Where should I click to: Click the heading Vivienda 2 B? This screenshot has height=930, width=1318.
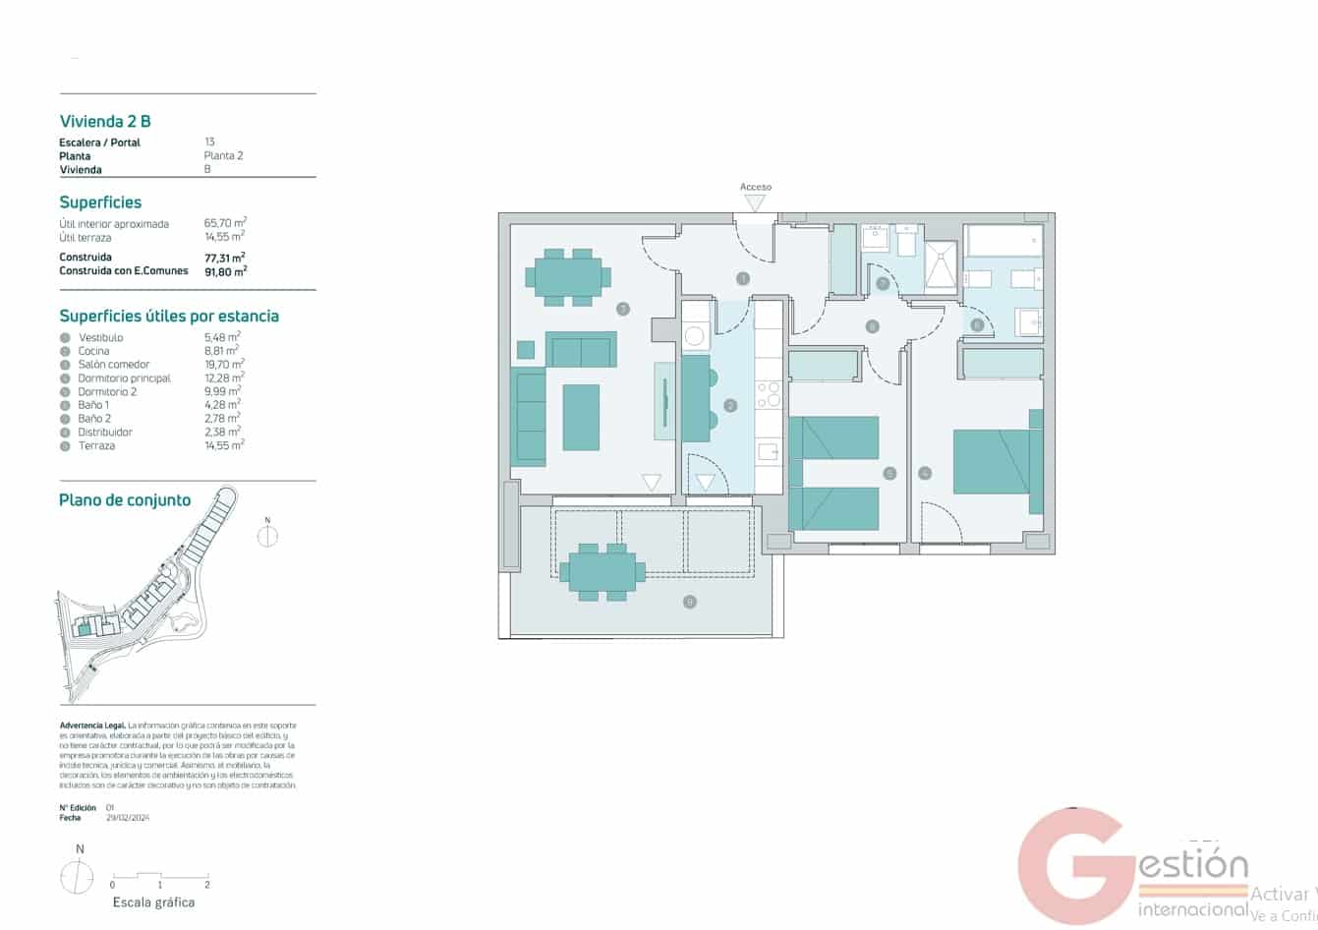(105, 121)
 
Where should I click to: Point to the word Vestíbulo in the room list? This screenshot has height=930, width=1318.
(100, 337)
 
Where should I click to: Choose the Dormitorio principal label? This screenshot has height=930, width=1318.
(124, 378)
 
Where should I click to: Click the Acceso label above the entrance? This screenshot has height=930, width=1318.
(755, 187)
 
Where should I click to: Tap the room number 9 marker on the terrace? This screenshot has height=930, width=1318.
(690, 602)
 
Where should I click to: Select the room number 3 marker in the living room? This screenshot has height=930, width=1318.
(622, 309)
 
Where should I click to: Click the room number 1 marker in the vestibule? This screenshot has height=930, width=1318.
(743, 279)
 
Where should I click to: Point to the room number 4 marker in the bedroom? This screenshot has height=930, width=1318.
(924, 474)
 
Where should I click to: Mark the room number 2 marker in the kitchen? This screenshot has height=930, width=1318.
(729, 406)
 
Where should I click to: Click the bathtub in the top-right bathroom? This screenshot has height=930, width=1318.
(1003, 241)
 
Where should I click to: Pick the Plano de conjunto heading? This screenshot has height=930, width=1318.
(125, 500)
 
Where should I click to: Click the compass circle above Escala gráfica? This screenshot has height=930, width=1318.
(78, 876)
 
